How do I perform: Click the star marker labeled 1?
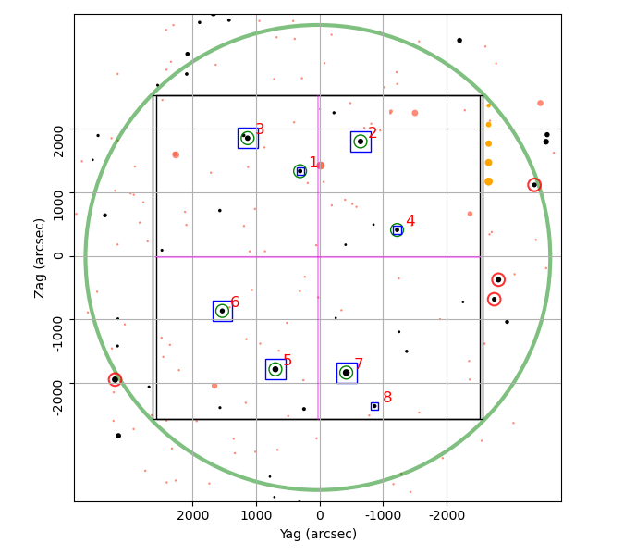coord(300,171)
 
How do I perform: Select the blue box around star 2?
coord(350,142)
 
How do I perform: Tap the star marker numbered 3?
coord(248,138)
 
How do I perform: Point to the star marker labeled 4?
coord(397,229)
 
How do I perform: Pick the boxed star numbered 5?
coord(275,369)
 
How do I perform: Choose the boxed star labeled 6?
coord(222,311)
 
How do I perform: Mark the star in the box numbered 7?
coord(347,373)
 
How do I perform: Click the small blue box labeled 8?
coord(372,406)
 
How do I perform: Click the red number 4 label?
coord(410,220)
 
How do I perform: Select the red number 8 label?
coord(387,397)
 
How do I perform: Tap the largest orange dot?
coord(489,181)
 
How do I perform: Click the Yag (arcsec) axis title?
coord(318,534)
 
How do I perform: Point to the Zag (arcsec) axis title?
coord(39,258)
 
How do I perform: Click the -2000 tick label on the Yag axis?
coord(447,515)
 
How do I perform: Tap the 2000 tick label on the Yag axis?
coord(193,515)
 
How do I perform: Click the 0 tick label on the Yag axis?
coord(320,515)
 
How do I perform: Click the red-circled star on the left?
coord(115,379)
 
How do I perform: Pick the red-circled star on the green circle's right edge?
coord(534,185)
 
